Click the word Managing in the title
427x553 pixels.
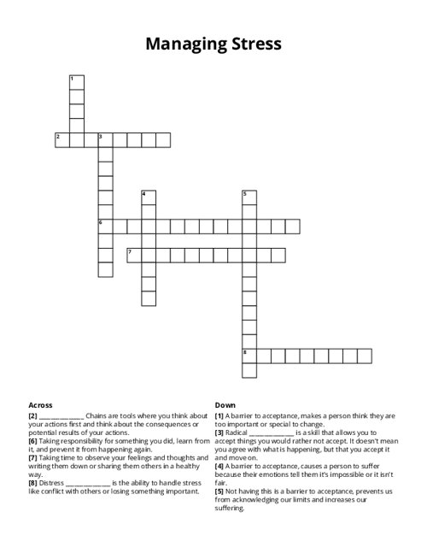click(178, 43)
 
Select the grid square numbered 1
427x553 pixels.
click(76, 83)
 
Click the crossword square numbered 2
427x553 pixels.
click(61, 139)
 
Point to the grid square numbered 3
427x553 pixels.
click(105, 139)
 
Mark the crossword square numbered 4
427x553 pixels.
click(149, 197)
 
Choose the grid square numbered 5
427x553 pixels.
click(249, 197)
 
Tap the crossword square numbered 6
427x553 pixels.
click(105, 226)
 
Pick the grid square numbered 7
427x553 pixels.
click(134, 255)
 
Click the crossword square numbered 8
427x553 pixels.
click(249, 356)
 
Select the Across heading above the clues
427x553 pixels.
click(41, 405)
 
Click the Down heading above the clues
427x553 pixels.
click(225, 405)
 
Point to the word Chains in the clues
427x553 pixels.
click(98, 415)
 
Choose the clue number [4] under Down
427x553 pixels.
click(219, 466)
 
